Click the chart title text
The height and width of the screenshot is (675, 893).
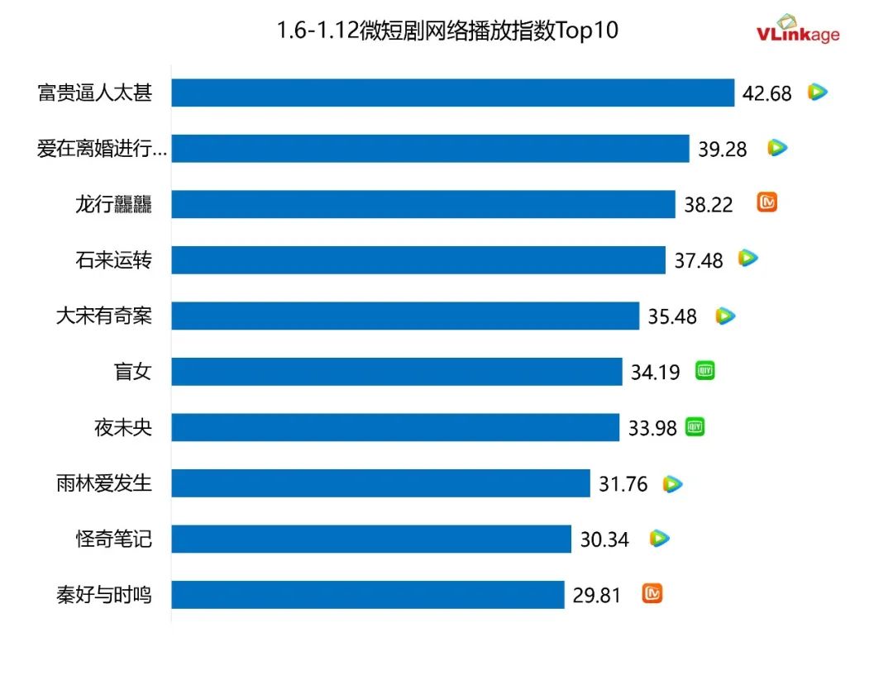pyautogui.click(x=447, y=31)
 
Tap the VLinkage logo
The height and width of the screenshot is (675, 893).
pyautogui.click(x=797, y=29)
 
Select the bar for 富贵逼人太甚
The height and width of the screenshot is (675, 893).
pyautogui.click(x=453, y=93)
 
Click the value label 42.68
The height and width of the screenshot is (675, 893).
pyautogui.click(x=766, y=93)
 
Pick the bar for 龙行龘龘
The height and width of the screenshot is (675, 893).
pyautogui.click(x=423, y=204)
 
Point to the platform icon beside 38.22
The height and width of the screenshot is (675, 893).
pyautogui.click(x=766, y=203)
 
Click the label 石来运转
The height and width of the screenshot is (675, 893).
pyautogui.click(x=113, y=260)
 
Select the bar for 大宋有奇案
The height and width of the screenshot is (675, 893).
pyautogui.click(x=405, y=316)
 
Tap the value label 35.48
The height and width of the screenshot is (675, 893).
pyautogui.click(x=672, y=316)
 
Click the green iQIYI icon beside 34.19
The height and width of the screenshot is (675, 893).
pyautogui.click(x=704, y=371)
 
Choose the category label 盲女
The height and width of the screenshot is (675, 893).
pyautogui.click(x=132, y=372)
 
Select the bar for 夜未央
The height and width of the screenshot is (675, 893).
pyautogui.click(x=395, y=427)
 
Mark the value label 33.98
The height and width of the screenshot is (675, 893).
pyautogui.click(x=652, y=428)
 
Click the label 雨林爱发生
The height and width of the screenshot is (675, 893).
pyautogui.click(x=104, y=483)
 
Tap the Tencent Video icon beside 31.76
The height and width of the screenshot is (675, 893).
pyautogui.click(x=673, y=484)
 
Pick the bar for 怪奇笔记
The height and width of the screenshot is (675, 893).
pyautogui.click(x=371, y=539)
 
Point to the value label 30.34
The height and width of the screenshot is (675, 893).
pyautogui.click(x=604, y=540)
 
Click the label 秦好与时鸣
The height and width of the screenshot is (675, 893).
pyautogui.click(x=104, y=595)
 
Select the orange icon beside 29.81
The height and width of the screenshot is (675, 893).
pyautogui.click(x=652, y=593)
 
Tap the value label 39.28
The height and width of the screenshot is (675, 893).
pyautogui.click(x=723, y=149)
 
